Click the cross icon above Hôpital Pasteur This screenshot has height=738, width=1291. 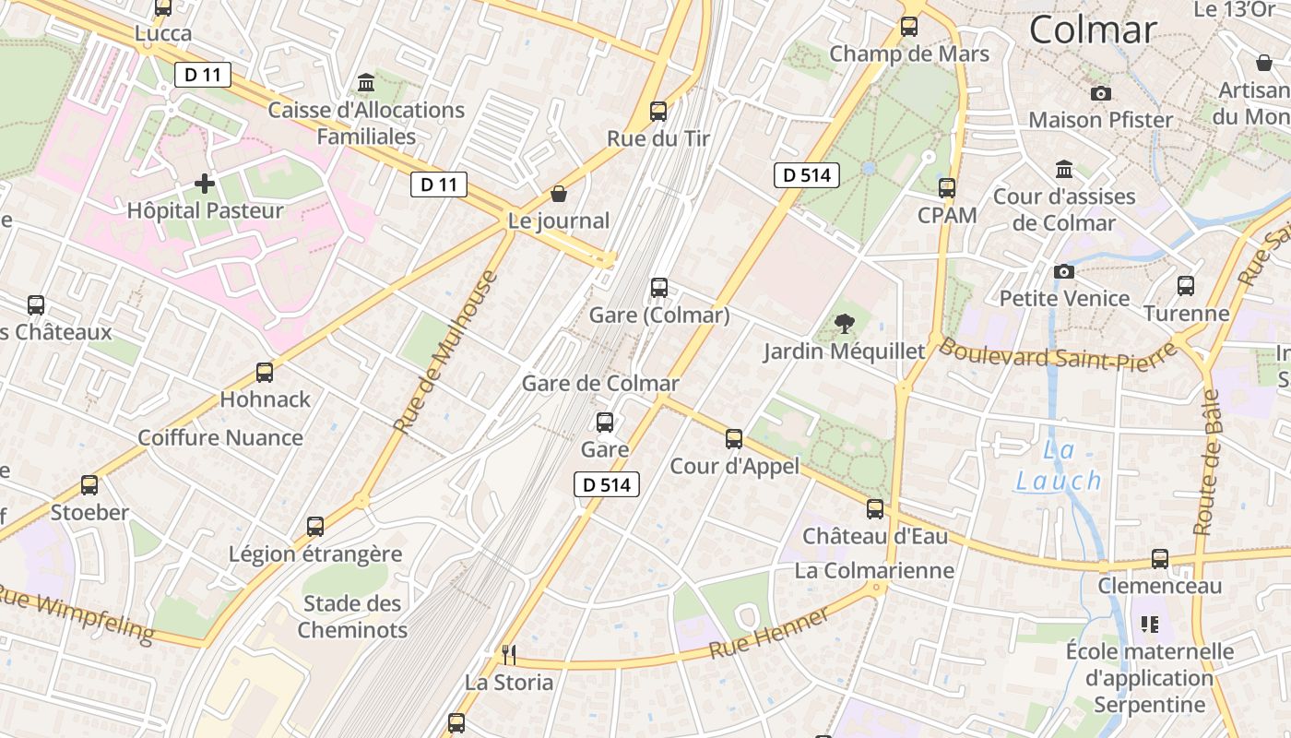click(x=205, y=184)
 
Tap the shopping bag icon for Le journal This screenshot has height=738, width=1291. click(x=558, y=194)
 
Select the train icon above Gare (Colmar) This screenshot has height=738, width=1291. click(x=658, y=287)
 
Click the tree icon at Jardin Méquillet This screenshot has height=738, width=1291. click(x=843, y=324)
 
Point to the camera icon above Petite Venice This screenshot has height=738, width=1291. click(x=1064, y=271)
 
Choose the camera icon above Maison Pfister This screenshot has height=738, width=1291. click(x=1100, y=93)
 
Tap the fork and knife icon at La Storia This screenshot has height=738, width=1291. click(x=508, y=654)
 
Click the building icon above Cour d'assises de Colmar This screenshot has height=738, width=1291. click(x=1064, y=170)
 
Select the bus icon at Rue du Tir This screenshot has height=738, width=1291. click(x=657, y=112)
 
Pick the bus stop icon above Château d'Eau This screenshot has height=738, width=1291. click(x=874, y=508)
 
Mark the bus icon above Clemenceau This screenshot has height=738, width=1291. click(x=1159, y=558)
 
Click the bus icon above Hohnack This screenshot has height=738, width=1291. click(x=265, y=373)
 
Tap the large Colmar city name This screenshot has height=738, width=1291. click(x=1092, y=30)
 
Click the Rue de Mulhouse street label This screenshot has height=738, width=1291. click(x=446, y=351)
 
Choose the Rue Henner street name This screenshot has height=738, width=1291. click(x=769, y=633)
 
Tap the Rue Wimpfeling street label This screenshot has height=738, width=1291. click(x=77, y=613)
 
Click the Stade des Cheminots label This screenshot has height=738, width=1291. click(x=352, y=616)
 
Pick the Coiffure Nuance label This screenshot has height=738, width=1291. click(x=219, y=437)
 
